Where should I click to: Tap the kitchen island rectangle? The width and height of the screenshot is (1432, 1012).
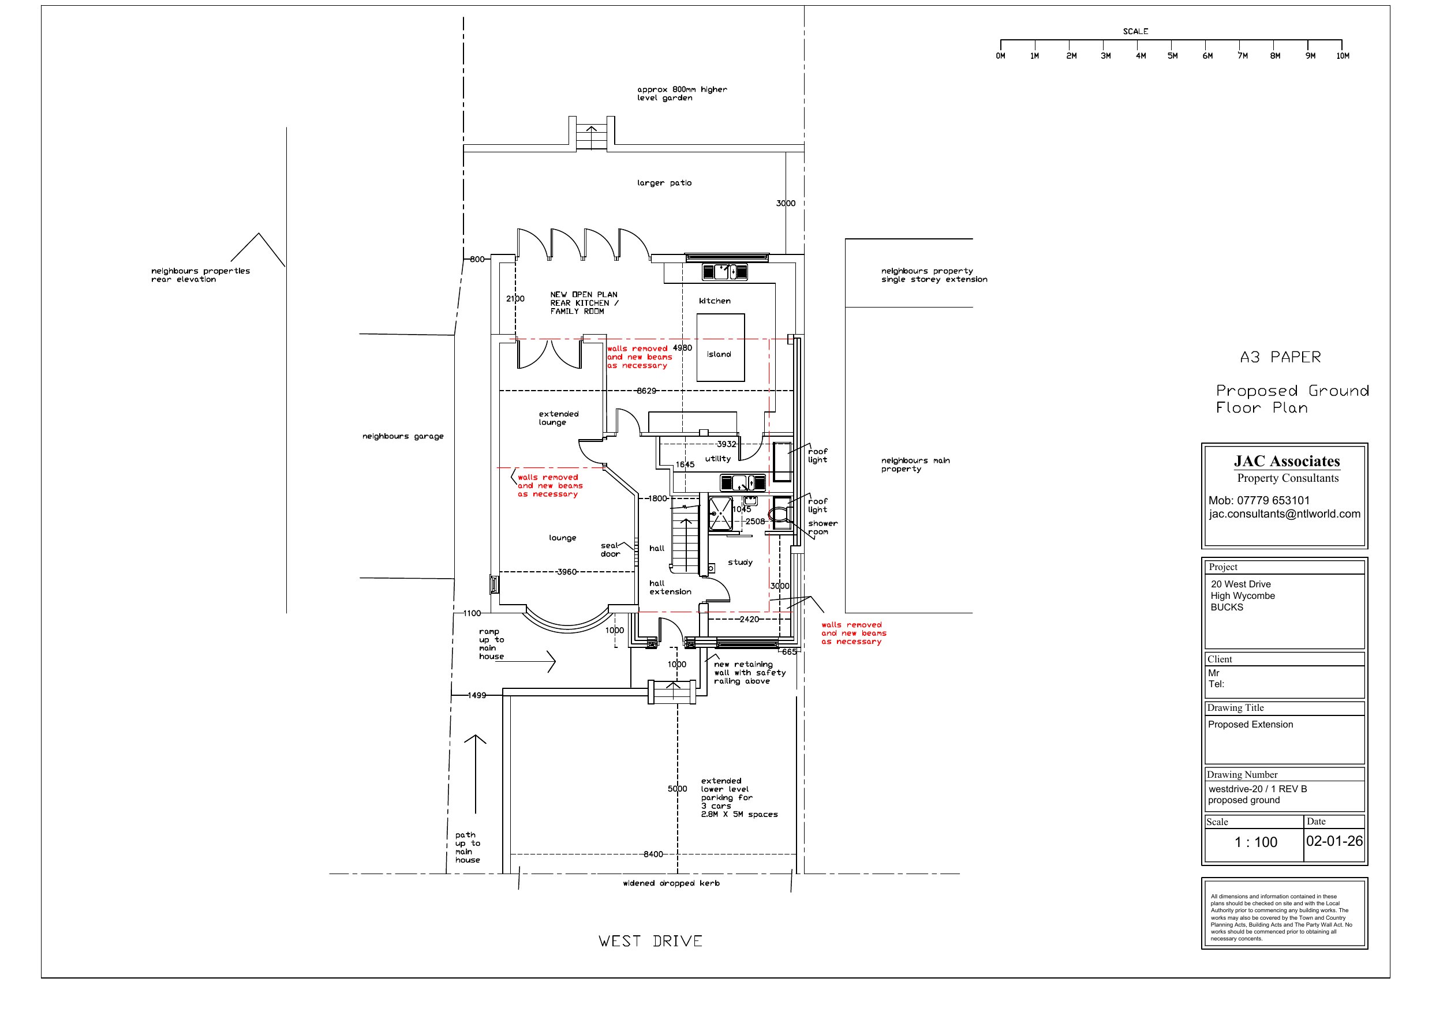pyautogui.click(x=720, y=347)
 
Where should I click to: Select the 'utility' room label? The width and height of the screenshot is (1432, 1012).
pyautogui.click(x=718, y=459)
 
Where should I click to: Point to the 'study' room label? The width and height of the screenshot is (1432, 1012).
pyautogui.click(x=741, y=563)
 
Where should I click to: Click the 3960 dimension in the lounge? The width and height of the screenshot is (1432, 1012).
pyautogui.click(x=566, y=572)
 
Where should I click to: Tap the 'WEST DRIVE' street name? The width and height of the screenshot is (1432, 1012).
pyautogui.click(x=650, y=941)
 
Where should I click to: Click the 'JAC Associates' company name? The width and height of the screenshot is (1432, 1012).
pyautogui.click(x=1287, y=462)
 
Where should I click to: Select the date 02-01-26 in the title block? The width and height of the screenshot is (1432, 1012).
pyautogui.click(x=1334, y=841)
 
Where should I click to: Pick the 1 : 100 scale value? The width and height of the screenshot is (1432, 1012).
pyautogui.click(x=1255, y=842)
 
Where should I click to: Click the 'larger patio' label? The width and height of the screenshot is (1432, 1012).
pyautogui.click(x=664, y=183)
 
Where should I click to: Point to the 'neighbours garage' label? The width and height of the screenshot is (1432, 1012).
pyautogui.click(x=403, y=437)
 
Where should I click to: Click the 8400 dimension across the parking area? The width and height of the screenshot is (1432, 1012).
pyautogui.click(x=653, y=854)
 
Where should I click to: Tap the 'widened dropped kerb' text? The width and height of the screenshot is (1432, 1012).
pyautogui.click(x=671, y=883)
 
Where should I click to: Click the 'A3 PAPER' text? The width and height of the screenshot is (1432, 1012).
pyautogui.click(x=1280, y=357)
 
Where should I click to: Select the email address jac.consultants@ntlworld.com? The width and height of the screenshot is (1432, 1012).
pyautogui.click(x=1285, y=514)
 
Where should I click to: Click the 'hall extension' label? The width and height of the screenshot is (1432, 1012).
pyautogui.click(x=671, y=588)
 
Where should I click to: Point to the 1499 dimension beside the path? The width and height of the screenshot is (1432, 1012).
pyautogui.click(x=477, y=695)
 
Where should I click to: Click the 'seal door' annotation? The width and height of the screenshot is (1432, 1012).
pyautogui.click(x=611, y=550)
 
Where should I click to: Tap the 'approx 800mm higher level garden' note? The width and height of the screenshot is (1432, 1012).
pyautogui.click(x=682, y=93)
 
